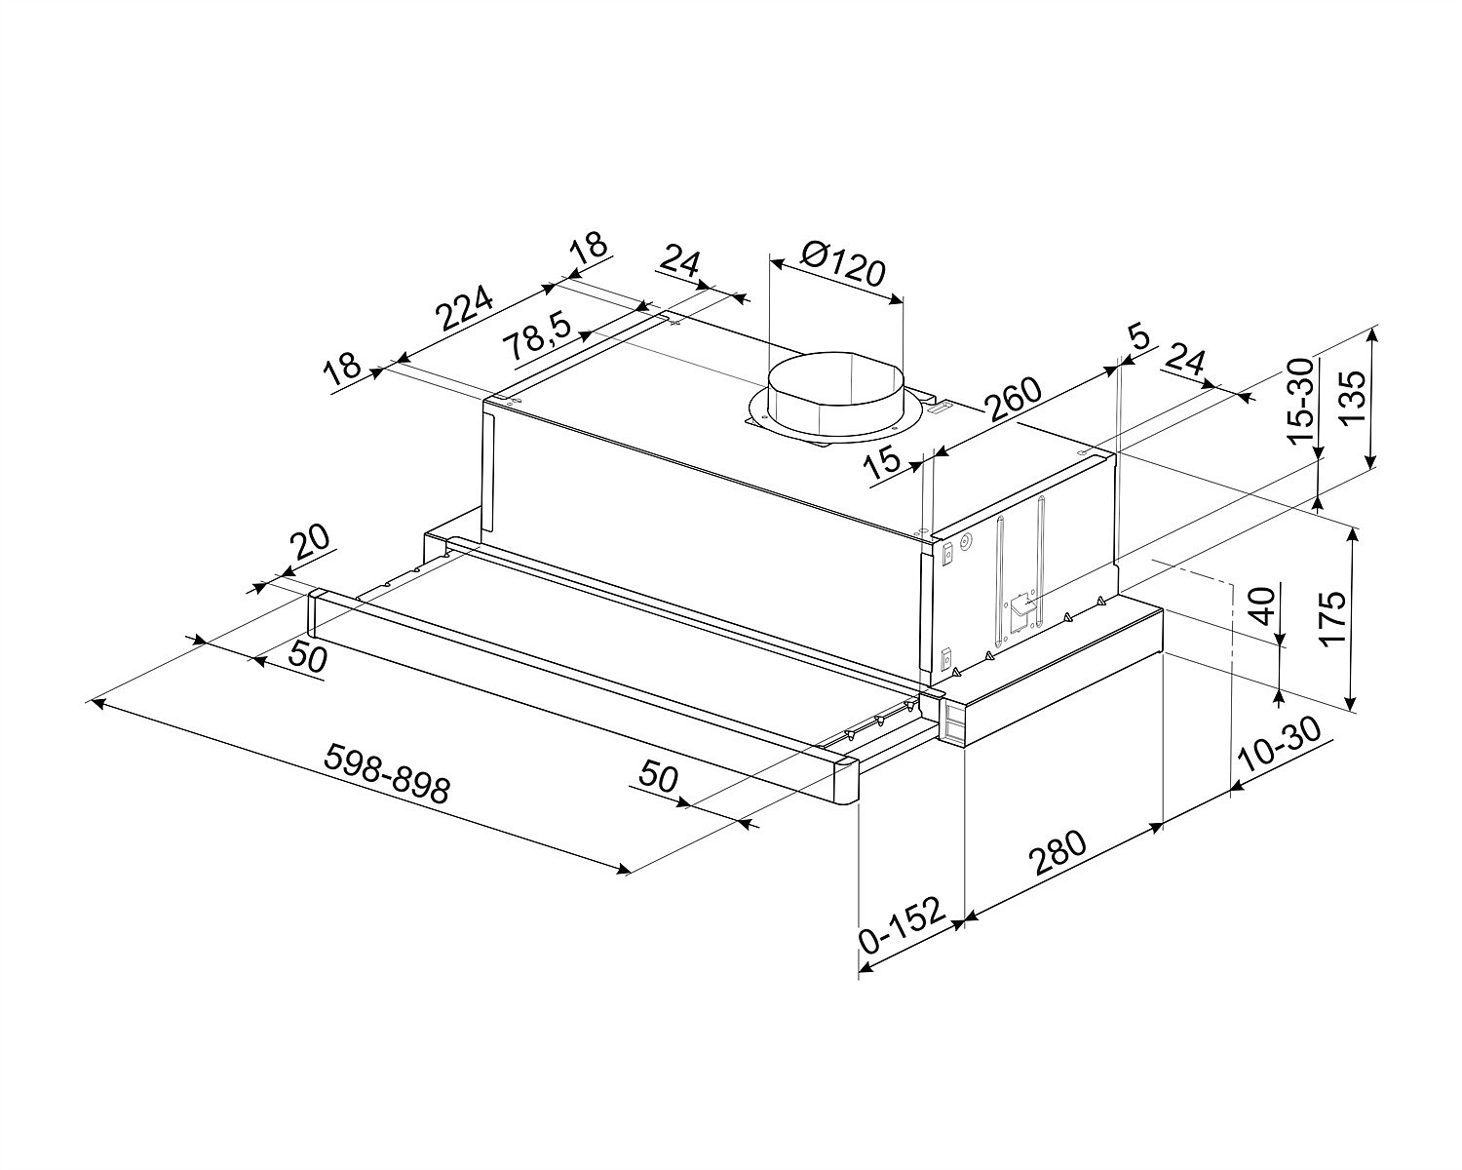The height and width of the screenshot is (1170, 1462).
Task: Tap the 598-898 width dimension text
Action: point(387,773)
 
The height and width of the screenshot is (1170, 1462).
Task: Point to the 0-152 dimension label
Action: point(902,926)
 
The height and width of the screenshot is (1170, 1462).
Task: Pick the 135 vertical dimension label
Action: point(1353,397)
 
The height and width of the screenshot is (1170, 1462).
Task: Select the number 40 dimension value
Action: point(1262,605)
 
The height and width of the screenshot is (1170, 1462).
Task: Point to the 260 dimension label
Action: point(1013,399)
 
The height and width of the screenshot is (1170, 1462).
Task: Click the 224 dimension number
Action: point(464,308)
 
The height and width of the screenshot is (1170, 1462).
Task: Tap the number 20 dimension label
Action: point(310,542)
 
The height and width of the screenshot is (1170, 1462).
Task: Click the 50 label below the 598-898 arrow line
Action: point(658,776)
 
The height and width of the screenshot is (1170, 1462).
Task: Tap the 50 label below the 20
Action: point(308,657)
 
